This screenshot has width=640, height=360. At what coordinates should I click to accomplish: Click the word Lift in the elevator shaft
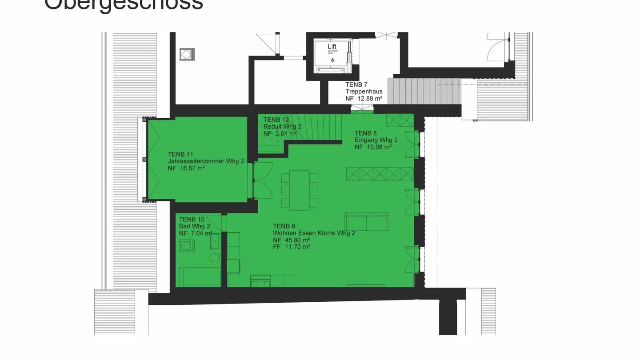pyautogui.click(x=332, y=47)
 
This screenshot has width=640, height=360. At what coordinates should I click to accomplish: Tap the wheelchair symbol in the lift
pyautogui.click(x=333, y=60)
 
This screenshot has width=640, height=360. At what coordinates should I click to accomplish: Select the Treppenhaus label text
pyautogui.click(x=364, y=92)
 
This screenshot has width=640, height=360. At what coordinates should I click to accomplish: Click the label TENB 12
pyautogui.click(x=276, y=120)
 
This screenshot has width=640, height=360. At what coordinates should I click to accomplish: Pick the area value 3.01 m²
pyautogui.click(x=284, y=133)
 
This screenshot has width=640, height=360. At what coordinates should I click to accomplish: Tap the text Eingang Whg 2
pyautogui.click(x=376, y=140)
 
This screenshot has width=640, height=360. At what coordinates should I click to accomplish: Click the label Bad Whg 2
pyautogui.click(x=194, y=226)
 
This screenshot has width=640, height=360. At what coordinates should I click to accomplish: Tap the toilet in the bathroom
pyautogui.click(x=215, y=258)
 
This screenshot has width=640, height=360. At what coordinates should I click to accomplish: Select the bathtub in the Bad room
pyautogui.click(x=199, y=277)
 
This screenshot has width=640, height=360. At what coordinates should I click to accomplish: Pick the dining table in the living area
pyautogui.click(x=299, y=190)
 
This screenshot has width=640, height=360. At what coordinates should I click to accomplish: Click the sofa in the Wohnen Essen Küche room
pyautogui.click(x=366, y=221)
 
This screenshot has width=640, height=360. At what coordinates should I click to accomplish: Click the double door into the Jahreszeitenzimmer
pyautogui.click(x=262, y=180)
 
